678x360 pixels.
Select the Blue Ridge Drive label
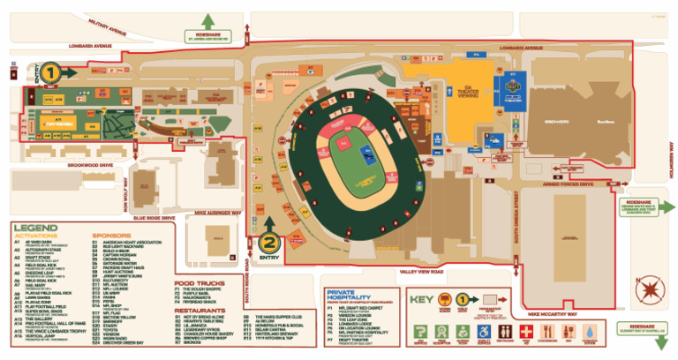point(156,216)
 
